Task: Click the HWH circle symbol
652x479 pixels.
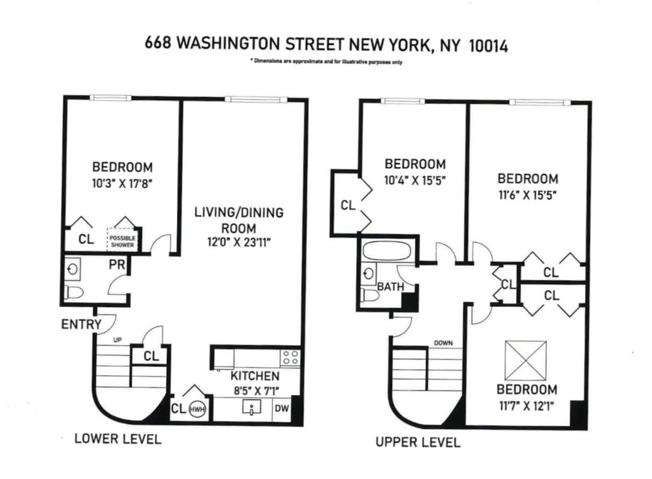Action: pos(198,409)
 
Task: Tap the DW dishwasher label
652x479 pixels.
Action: pos(281,408)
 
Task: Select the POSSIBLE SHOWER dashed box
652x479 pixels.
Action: pos(122,240)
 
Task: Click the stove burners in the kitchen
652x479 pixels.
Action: pos(290,358)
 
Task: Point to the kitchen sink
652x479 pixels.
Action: pos(252,406)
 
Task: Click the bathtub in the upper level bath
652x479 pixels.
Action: pos(386,251)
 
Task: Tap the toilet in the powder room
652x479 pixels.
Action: pos(74,292)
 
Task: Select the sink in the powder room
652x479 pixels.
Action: pos(73,270)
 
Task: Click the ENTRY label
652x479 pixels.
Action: pos(81,324)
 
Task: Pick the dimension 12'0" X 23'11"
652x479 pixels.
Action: pos(239,242)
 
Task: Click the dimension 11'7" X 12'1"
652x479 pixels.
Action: pos(527,405)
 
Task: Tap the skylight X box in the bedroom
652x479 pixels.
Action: pos(525,360)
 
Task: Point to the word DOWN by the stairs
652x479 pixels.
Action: pos(443,343)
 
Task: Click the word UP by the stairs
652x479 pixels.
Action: pos(118,340)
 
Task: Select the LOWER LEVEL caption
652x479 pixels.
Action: pos(118,439)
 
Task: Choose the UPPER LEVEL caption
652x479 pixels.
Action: pos(418,442)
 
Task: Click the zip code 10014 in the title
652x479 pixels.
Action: pos(488,45)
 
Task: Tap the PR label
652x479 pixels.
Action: pos(117,264)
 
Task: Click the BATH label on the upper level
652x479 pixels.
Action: pos(390,287)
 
